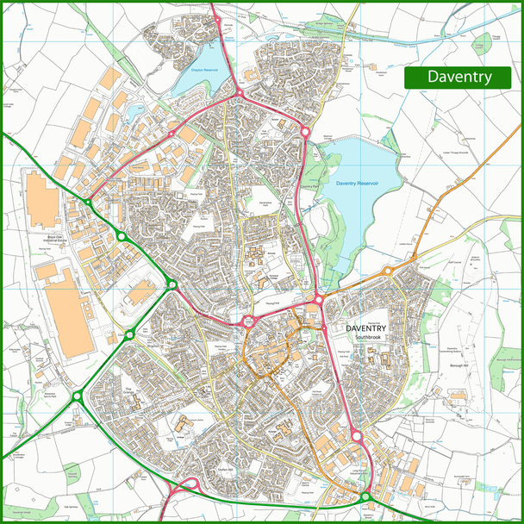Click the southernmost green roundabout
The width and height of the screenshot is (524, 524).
[x=365, y=497]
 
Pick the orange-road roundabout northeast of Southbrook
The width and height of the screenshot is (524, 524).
[x=388, y=271]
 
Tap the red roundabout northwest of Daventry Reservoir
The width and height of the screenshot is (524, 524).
[x=305, y=132]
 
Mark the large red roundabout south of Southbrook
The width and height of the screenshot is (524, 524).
[x=356, y=436]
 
